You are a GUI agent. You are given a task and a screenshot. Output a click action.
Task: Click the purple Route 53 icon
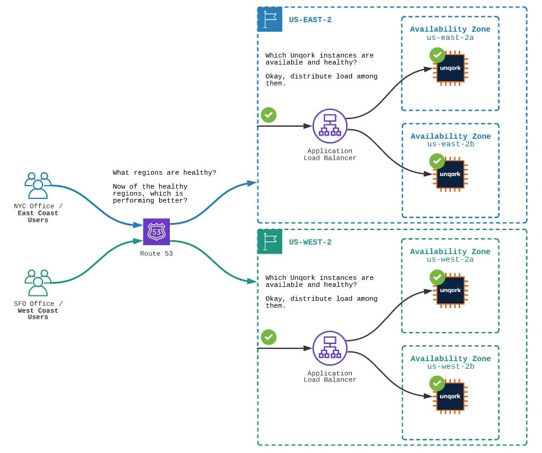click(157, 231)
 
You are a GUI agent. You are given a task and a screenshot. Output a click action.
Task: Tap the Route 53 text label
click(156, 253)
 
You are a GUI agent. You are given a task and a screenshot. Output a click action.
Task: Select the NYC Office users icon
click(38, 185)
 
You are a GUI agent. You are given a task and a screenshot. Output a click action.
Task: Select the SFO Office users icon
click(38, 283)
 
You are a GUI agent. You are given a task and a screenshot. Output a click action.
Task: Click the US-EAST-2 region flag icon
click(269, 20)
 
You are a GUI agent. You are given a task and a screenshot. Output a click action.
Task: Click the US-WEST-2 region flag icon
click(269, 241)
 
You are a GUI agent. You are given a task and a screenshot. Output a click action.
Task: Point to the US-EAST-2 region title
click(310, 20)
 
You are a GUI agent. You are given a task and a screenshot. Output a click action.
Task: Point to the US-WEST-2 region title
click(310, 242)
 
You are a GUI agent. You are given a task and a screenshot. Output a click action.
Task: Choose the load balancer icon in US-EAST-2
click(330, 126)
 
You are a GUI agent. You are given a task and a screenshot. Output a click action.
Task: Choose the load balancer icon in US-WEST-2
click(330, 348)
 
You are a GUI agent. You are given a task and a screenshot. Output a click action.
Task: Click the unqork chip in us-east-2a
click(451, 68)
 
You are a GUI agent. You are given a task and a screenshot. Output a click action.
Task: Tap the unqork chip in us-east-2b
click(451, 174)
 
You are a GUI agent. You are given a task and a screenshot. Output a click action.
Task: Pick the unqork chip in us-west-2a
click(451, 291)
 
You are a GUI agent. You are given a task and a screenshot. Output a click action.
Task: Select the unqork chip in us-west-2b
click(451, 397)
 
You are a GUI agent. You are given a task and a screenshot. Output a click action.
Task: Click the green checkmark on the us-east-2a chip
click(437, 55)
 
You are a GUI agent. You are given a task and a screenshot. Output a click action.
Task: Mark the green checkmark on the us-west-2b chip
click(437, 383)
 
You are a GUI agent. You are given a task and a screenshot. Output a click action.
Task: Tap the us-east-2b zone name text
click(451, 144)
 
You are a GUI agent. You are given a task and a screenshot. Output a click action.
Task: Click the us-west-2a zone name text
click(450, 259)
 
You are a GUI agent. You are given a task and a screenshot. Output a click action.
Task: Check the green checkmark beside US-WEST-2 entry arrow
click(269, 337)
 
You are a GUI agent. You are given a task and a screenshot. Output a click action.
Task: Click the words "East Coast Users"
click(38, 216)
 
